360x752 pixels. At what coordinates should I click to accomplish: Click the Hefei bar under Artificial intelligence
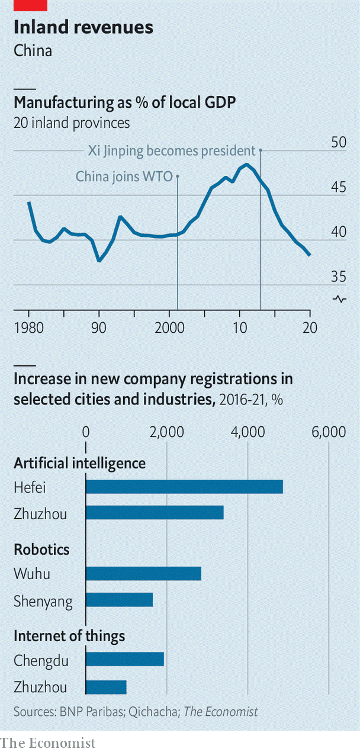pyautogui.click(x=184, y=487)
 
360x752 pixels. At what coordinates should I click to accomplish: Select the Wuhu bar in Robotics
pyautogui.click(x=144, y=573)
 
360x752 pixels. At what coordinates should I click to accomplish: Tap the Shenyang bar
pyautogui.click(x=119, y=600)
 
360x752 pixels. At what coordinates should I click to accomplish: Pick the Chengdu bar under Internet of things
pyautogui.click(x=125, y=659)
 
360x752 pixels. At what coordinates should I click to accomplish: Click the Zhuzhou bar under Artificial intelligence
pyautogui.click(x=155, y=513)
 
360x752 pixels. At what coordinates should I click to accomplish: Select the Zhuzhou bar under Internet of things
pyautogui.click(x=106, y=687)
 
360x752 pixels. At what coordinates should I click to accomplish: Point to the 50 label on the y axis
pyautogui.click(x=339, y=142)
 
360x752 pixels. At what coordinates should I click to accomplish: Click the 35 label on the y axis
pyautogui.click(x=339, y=277)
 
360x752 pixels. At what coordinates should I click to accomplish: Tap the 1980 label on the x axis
pyautogui.click(x=29, y=328)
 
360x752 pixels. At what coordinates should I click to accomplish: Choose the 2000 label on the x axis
pyautogui.click(x=169, y=328)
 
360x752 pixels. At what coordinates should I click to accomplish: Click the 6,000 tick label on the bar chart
pyautogui.click(x=329, y=432)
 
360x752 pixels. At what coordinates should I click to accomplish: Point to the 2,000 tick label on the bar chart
pyautogui.click(x=167, y=432)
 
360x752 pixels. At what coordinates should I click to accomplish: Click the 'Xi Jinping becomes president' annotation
pyautogui.click(x=172, y=151)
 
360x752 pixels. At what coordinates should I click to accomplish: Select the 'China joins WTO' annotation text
pyautogui.click(x=124, y=176)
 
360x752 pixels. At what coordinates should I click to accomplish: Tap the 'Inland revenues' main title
pyautogui.click(x=83, y=27)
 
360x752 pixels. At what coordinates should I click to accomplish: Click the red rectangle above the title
pyautogui.click(x=30, y=5)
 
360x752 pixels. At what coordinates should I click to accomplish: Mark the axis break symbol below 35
pyautogui.click(x=339, y=299)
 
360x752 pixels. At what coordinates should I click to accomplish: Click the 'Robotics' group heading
pyautogui.click(x=41, y=549)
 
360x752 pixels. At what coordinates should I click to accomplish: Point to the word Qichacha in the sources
pyautogui.click(x=153, y=711)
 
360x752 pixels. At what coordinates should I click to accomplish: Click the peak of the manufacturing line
pyautogui.click(x=247, y=164)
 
